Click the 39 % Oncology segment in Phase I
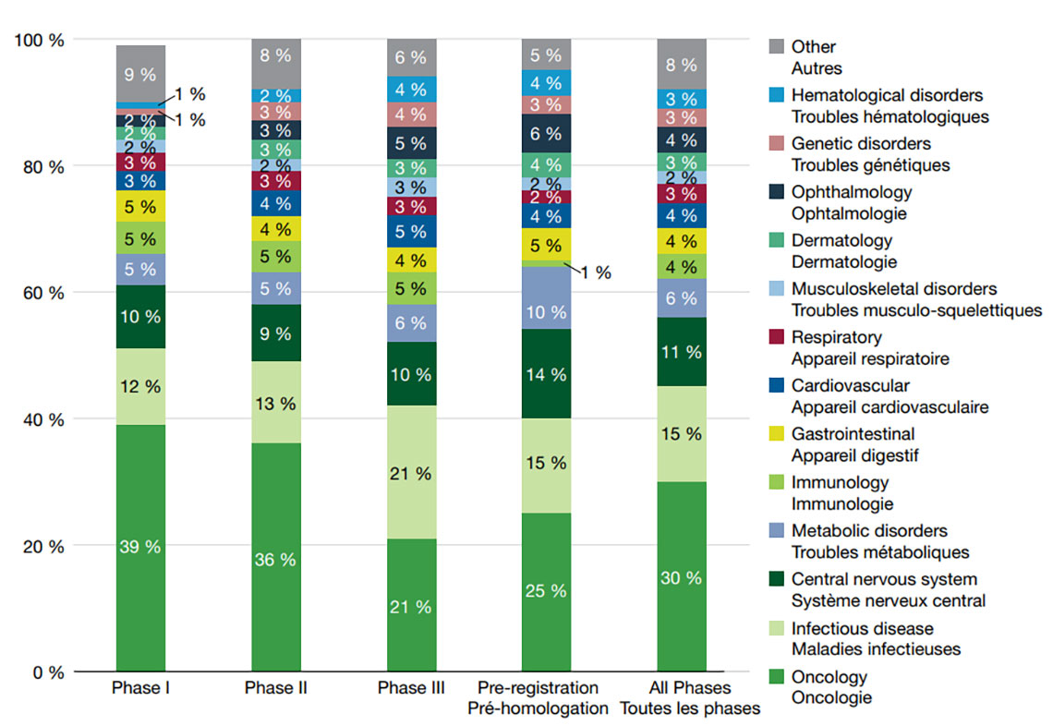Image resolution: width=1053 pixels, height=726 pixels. pos(140,548)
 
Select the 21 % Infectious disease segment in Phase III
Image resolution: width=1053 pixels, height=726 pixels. pos(411,473)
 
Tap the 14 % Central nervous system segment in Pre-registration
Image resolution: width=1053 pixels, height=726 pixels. pos(546,374)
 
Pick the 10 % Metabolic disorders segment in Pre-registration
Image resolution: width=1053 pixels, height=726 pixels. pos(546,311)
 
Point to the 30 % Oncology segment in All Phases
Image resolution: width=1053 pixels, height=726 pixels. pos(682,577)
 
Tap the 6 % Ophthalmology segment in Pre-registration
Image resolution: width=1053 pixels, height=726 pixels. pos(546,134)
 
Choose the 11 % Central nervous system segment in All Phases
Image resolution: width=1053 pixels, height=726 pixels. pos(682,352)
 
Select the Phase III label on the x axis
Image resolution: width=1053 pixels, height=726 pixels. pos(411,688)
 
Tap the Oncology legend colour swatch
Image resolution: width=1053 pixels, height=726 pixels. pos(776,677)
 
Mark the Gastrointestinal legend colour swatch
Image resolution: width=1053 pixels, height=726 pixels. pos(776,435)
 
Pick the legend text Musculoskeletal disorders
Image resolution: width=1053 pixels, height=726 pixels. pos(894,289)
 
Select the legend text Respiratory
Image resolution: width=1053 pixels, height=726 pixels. pos(836,337)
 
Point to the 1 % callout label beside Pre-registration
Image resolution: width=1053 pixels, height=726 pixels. pos(595,272)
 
